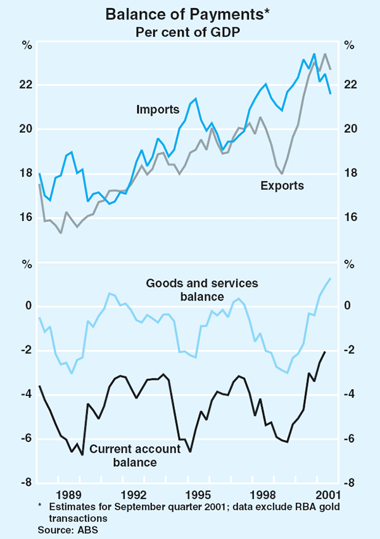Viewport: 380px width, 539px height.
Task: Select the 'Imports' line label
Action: point(158,109)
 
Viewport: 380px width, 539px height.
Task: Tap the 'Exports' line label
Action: point(282,185)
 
